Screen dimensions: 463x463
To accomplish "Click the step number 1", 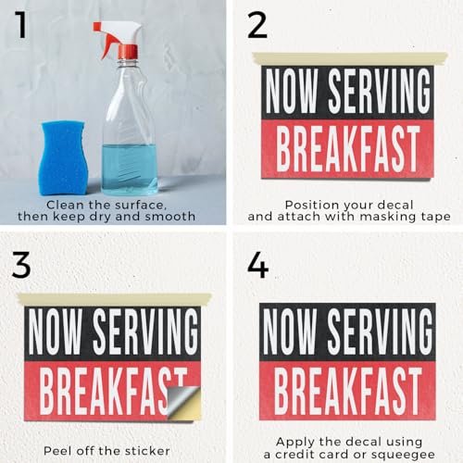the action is coord(21,24).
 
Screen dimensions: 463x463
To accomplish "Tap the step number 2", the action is coord(257,26).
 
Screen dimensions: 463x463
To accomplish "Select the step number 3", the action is coord(21,265).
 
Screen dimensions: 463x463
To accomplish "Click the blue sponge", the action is coord(64,157).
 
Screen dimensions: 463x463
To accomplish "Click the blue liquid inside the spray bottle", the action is coord(130,169).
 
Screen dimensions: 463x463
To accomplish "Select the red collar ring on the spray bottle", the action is coord(128,52).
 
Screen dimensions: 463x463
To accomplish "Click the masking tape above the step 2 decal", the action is coord(350,58).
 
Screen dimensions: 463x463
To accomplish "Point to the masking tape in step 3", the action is coord(115,299).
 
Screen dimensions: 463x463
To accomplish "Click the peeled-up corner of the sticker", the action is coord(183,400).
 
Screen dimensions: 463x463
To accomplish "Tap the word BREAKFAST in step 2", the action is coord(348,149).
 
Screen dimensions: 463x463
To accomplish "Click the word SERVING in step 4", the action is coord(380,332).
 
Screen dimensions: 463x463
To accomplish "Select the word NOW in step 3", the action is coord(55,332).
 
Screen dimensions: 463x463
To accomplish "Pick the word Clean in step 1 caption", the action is coord(65,205).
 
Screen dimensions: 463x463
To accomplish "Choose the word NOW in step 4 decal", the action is coord(290,332).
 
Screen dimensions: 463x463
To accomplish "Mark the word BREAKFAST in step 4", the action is coord(348,392).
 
